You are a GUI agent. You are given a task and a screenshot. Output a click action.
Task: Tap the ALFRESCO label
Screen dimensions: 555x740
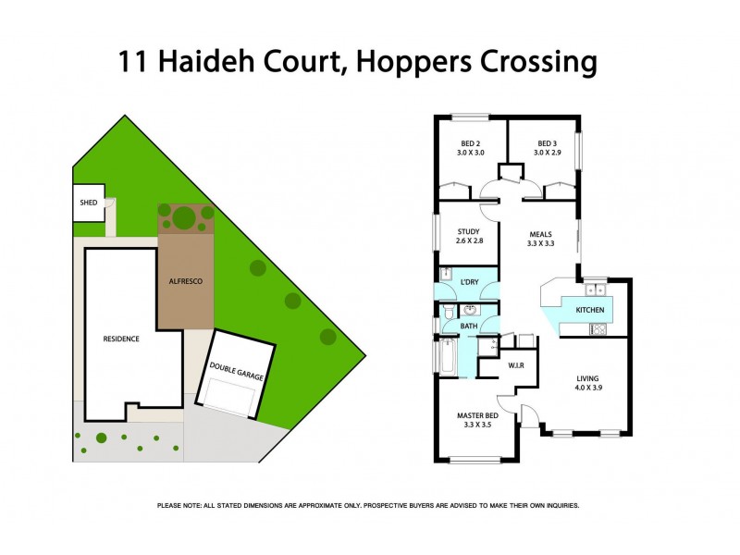pos(185,280)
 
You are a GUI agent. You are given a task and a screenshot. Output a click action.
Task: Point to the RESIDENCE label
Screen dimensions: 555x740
pos(120,339)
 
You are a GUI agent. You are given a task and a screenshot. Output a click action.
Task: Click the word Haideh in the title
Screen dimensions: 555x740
pos(206,63)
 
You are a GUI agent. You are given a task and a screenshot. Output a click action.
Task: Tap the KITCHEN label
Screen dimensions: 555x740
pos(590,310)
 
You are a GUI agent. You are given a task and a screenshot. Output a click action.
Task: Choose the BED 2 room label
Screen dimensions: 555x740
pos(470,143)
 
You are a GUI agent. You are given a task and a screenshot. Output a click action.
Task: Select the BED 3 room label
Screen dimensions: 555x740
pos(547,143)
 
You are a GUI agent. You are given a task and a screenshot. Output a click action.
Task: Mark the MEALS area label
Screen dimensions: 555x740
pos(541,235)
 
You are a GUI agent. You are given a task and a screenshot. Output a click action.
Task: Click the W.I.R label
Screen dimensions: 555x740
pos(516,365)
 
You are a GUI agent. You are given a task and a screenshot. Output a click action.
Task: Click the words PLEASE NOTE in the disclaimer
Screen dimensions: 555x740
pos(182,506)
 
